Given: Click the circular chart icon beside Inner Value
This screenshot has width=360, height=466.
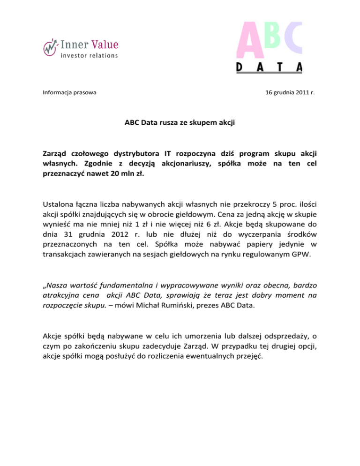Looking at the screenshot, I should [x=50, y=47].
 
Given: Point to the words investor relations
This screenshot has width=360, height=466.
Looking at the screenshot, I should [x=89, y=55].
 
